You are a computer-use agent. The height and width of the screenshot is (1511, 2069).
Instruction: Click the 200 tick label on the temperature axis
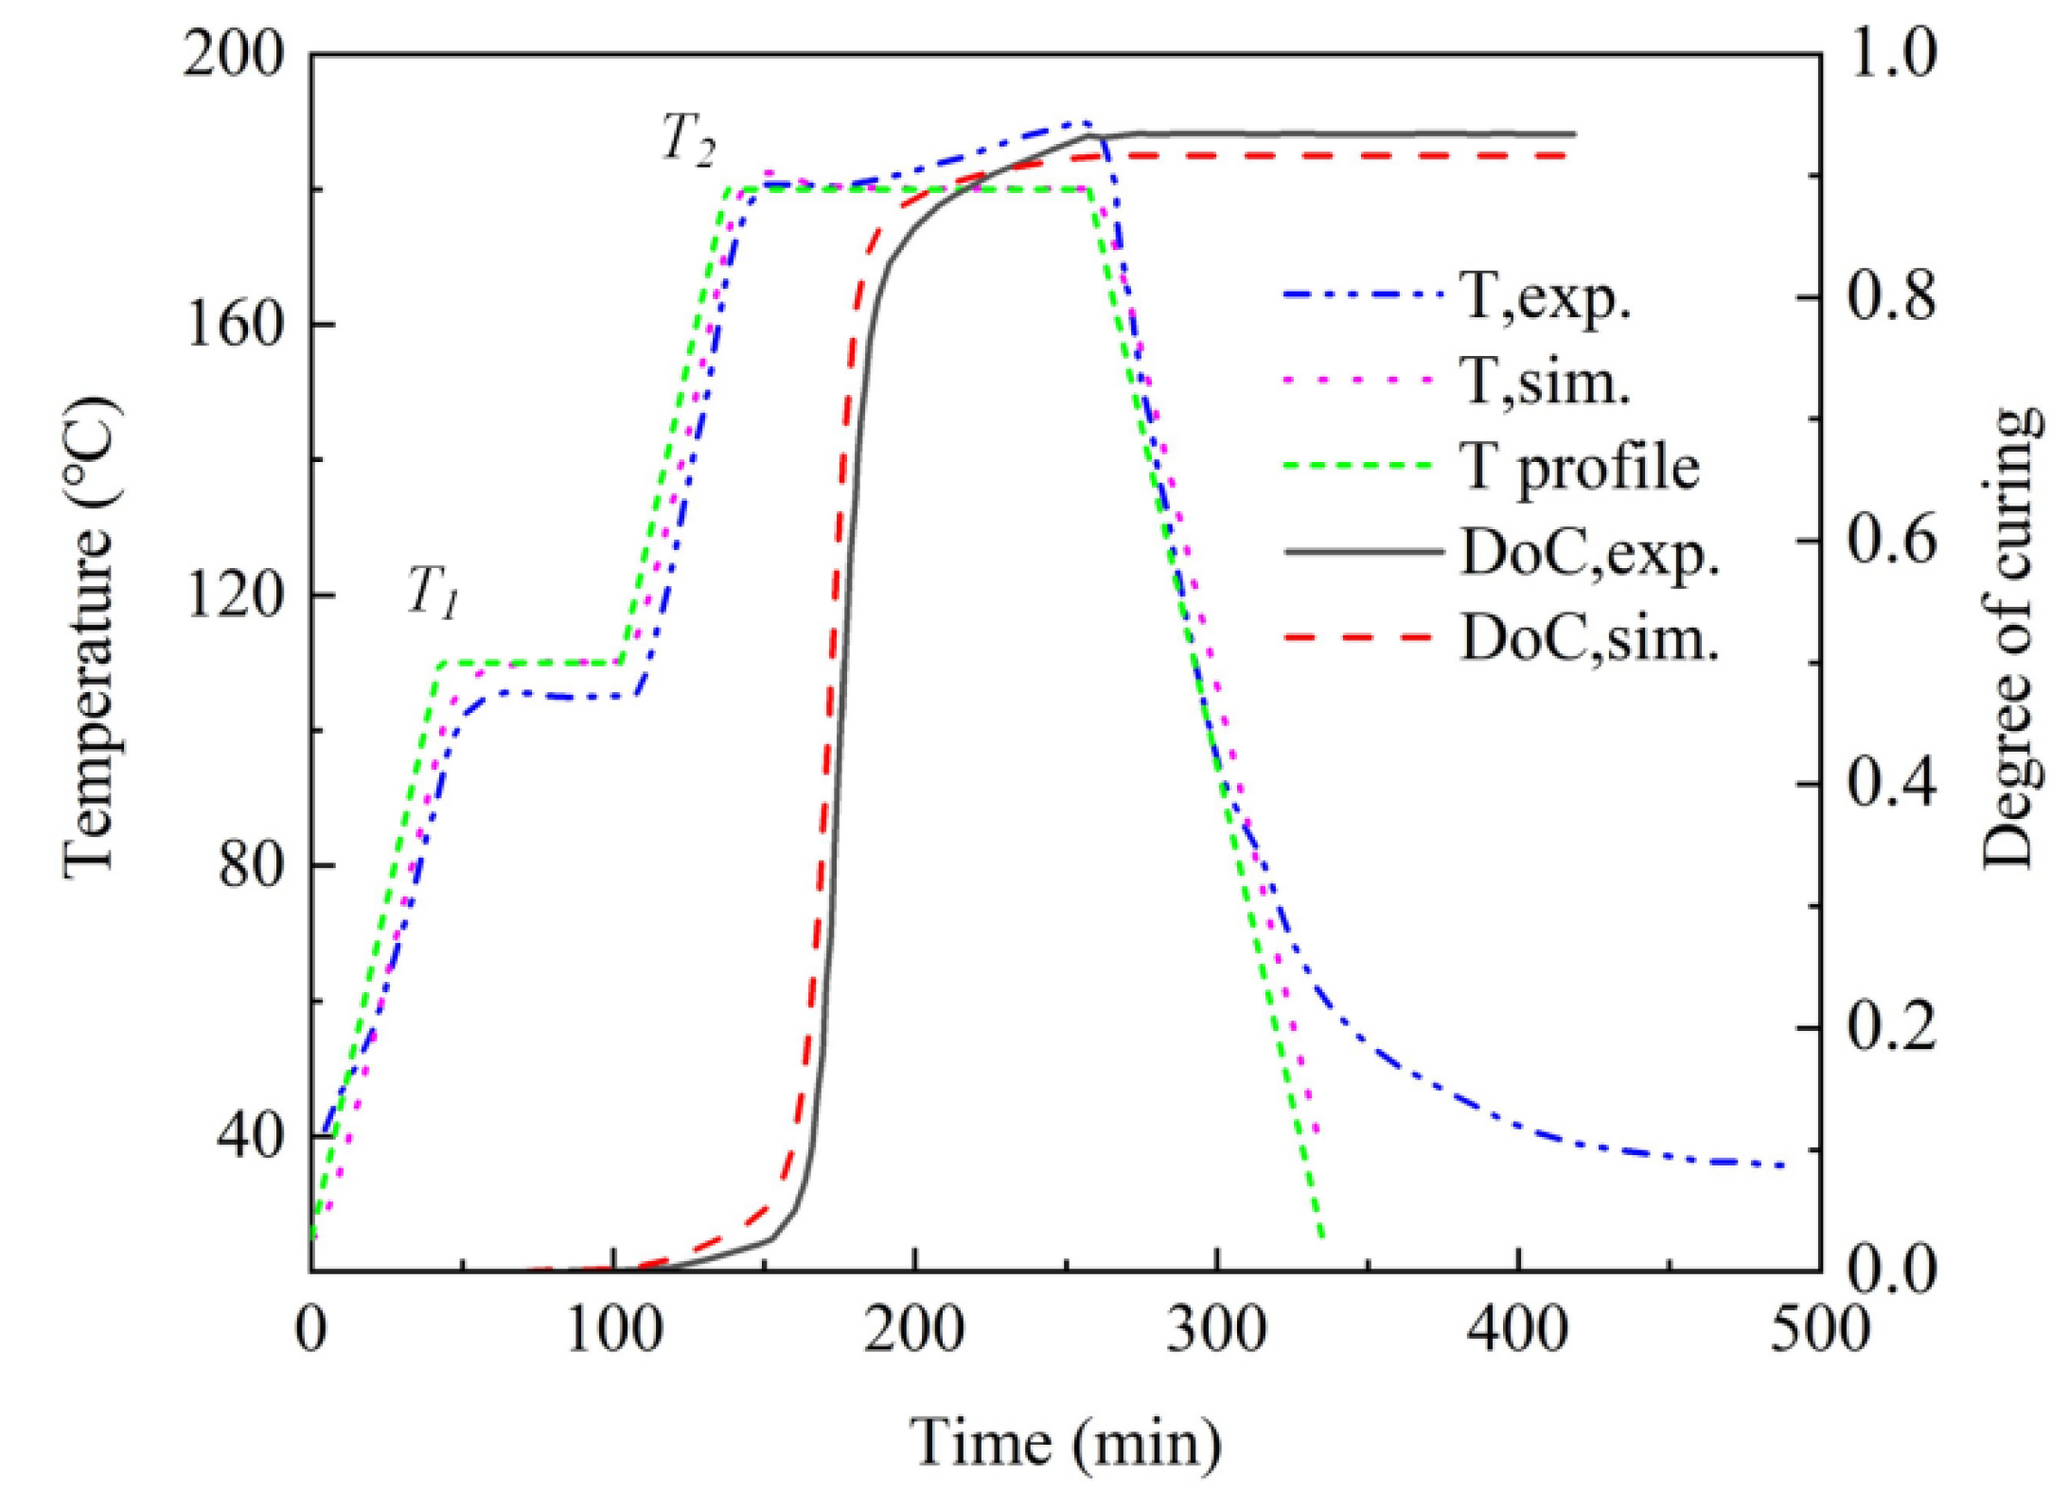point(233,55)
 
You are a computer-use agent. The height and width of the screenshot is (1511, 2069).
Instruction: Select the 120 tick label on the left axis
point(233,596)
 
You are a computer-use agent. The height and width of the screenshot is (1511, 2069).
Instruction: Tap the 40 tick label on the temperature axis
point(250,1135)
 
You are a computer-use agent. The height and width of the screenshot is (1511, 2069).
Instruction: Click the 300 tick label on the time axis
point(1216,1328)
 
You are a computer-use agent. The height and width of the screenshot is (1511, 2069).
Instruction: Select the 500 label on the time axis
point(1819,1328)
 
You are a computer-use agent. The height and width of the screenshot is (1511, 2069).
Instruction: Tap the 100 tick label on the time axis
point(613,1328)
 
